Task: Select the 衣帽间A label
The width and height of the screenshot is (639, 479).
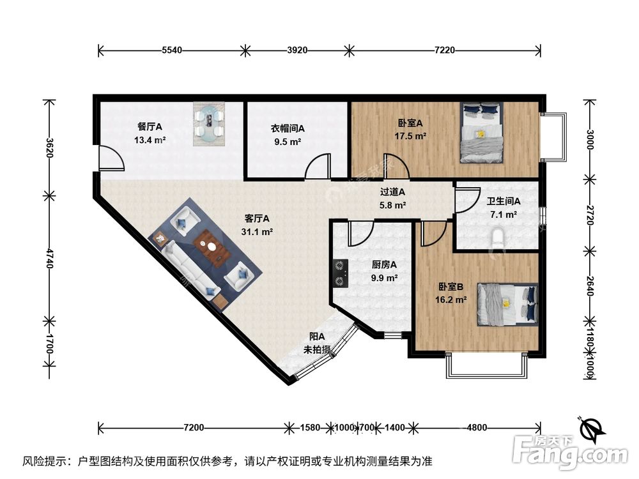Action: pos(287,128)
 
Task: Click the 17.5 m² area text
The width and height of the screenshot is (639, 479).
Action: pos(412,136)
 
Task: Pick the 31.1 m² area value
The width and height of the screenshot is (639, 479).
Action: pos(258,232)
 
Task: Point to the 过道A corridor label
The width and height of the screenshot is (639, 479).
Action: pos(393,192)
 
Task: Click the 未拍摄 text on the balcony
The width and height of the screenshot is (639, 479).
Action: pos(317,349)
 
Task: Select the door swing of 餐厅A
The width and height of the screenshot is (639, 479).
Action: pos(110,158)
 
